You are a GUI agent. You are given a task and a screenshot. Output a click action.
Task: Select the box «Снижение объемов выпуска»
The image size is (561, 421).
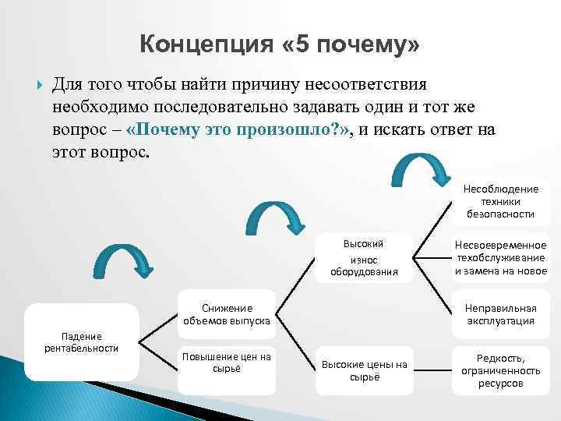tap(226, 313)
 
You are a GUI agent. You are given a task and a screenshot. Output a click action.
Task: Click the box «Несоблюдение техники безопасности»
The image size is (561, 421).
tap(500, 201)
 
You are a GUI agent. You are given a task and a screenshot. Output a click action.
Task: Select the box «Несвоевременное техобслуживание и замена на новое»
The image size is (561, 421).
tap(500, 258)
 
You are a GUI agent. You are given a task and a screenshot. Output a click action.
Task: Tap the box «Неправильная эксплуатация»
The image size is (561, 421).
tap(500, 313)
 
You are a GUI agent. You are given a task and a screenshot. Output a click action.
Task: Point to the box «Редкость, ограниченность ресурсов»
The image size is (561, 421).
tap(500, 370)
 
